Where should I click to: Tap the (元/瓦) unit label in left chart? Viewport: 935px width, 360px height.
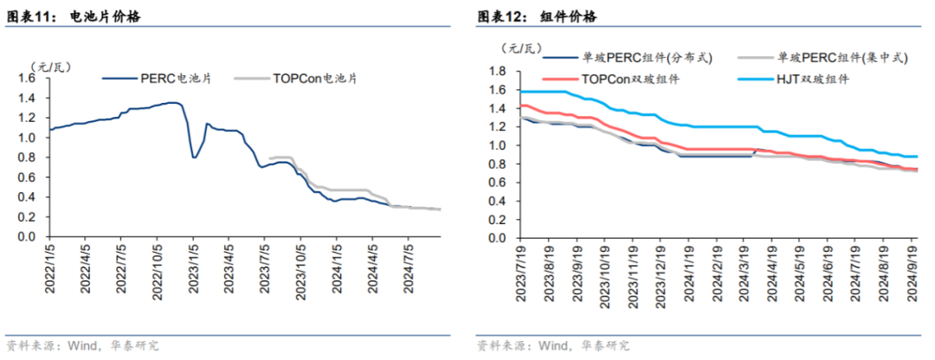coord(48,65)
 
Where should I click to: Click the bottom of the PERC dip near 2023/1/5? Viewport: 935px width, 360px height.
coord(194,157)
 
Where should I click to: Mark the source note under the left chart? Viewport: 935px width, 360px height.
coord(82,345)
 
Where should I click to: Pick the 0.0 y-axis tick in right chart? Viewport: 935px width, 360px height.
coord(496,236)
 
